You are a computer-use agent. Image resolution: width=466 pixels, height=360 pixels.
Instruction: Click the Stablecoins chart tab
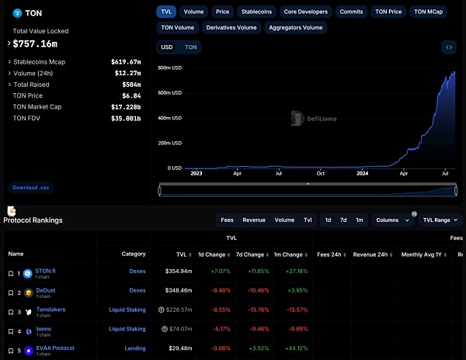(257, 12)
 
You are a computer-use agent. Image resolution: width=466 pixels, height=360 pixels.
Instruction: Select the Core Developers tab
(306, 12)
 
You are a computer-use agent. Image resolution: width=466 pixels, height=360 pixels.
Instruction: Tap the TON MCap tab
(429, 12)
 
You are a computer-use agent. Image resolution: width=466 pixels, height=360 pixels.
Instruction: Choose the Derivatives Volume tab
(231, 27)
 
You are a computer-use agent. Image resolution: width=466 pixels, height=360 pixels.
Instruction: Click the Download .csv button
(31, 187)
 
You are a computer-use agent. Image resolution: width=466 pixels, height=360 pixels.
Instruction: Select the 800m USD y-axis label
(169, 67)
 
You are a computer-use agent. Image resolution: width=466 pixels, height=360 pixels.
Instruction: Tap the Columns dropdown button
(392, 220)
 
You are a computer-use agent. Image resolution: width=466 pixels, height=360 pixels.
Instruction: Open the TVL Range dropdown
(440, 220)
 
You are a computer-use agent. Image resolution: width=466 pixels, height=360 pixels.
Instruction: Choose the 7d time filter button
(343, 220)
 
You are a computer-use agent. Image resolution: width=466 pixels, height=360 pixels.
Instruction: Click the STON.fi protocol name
(46, 271)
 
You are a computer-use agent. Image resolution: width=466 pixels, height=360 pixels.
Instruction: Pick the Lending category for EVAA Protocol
(135, 348)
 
